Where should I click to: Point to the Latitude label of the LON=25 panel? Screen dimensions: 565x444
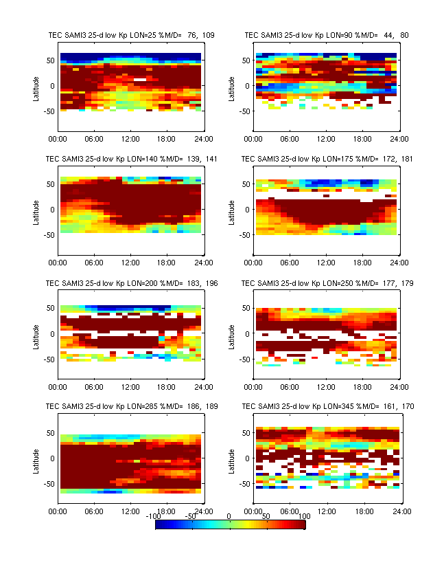36,88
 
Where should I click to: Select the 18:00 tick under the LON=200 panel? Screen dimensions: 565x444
167,386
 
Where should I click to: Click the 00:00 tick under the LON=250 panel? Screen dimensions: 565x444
253,386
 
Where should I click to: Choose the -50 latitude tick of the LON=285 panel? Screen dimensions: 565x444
48,484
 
